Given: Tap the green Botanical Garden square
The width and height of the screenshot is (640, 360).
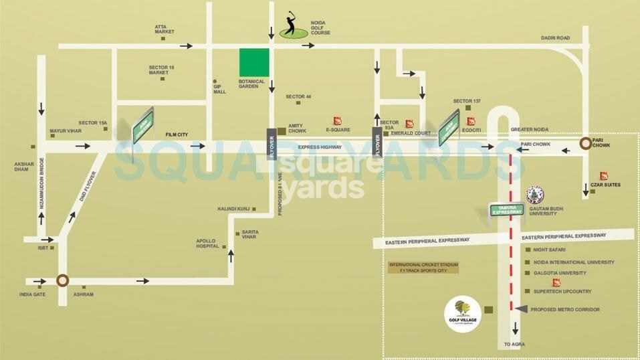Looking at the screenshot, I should pos(254,62).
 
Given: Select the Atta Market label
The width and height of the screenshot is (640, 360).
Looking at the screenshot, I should pos(165,29).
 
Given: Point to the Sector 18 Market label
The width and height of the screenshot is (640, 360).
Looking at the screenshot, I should pos(162,70).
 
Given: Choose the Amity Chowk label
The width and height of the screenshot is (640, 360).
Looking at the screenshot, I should pos(297,128).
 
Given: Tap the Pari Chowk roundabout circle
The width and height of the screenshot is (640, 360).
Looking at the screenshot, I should pos(586,143).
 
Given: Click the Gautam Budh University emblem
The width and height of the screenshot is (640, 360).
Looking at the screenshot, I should pos(535,195).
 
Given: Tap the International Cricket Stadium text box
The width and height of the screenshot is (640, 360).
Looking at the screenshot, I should pos(424,268).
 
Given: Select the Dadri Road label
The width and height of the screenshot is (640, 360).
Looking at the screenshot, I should pos(555,38).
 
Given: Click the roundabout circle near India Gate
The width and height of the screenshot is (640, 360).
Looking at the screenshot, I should pos(62,281).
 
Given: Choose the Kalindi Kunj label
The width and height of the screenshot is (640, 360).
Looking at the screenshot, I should pos(233,209).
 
